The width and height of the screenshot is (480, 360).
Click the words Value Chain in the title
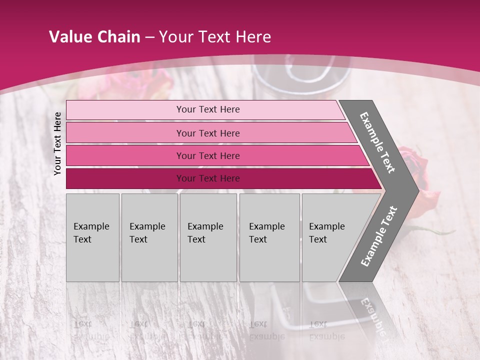pyautogui.click(x=94, y=37)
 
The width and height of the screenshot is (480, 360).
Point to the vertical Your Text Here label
pyautogui.click(x=57, y=143)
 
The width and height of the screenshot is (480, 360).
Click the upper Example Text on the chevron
pyautogui.click(x=377, y=142)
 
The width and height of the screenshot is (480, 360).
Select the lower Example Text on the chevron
pyautogui.click(x=379, y=236)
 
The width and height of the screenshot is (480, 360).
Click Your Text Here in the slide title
pyautogui.click(x=215, y=37)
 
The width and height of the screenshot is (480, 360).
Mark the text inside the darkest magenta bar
pyautogui.click(x=208, y=178)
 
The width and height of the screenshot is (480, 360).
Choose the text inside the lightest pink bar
pyautogui.click(x=208, y=109)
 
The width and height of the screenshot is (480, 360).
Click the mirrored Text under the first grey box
pyautogui.click(x=83, y=324)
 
